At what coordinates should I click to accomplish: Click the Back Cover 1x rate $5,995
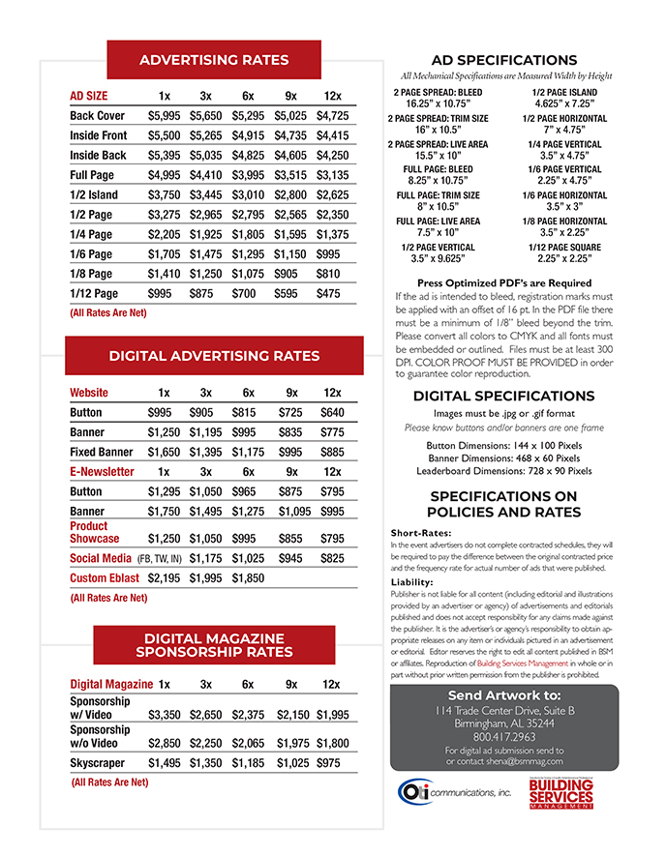coord(165,116)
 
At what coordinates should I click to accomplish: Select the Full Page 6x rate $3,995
coord(248,175)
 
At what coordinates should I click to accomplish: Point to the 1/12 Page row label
coord(94,293)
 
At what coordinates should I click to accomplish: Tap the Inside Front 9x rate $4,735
coord(290,135)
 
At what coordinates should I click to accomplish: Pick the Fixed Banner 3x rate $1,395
coord(206,452)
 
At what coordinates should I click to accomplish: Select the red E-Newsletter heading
coord(102,472)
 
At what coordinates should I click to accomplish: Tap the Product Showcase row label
coord(95,532)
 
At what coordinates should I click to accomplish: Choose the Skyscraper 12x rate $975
coord(329,763)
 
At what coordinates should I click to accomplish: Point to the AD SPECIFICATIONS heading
coord(504,60)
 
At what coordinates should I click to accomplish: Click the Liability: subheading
coord(412,582)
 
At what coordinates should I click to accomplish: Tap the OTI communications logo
coord(453,792)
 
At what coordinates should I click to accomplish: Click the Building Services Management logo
coord(561,793)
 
